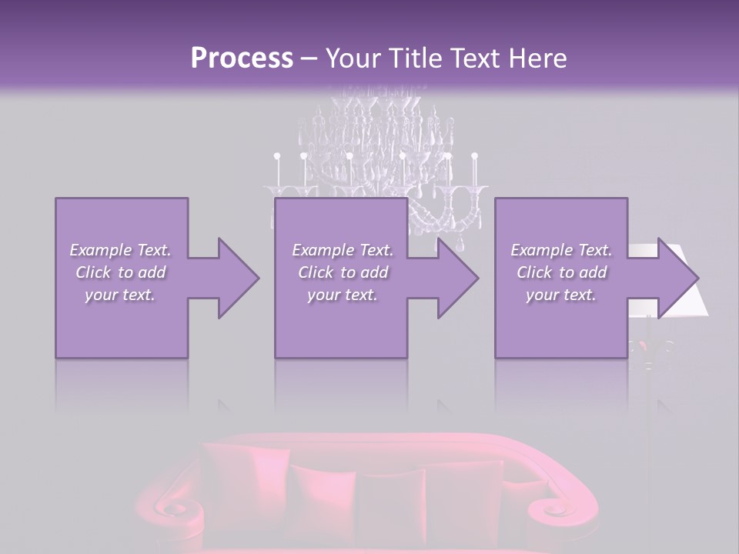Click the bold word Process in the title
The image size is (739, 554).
pos(242,58)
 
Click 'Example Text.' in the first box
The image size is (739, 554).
pos(120,250)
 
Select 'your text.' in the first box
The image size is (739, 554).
pos(120,295)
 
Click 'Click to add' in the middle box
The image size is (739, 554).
pos(343,272)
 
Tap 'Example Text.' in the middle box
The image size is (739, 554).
pos(343,250)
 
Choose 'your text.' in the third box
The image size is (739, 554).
pos(561,295)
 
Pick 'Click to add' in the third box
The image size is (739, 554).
pos(561,272)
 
